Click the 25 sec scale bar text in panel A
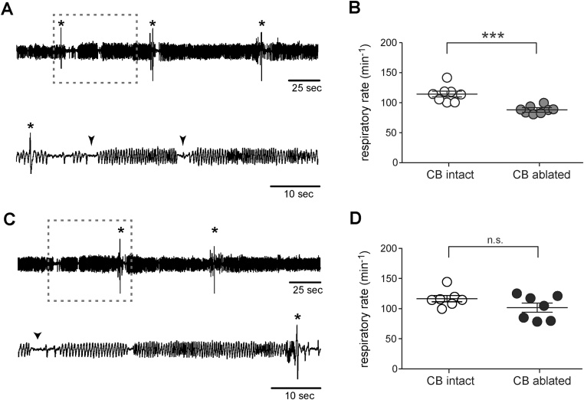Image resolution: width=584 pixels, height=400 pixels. tap(305, 89)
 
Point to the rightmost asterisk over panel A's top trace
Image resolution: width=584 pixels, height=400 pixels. tap(261, 25)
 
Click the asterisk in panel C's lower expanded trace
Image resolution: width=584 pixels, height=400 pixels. tap(297, 317)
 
